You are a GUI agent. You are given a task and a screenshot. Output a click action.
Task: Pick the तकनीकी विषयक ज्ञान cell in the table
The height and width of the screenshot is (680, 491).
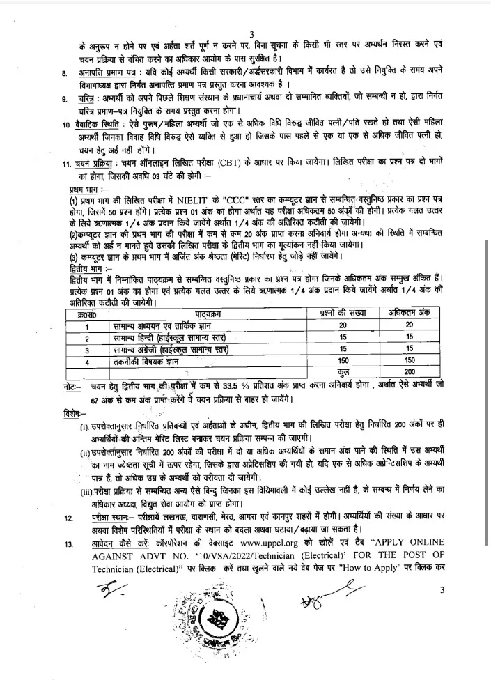150,361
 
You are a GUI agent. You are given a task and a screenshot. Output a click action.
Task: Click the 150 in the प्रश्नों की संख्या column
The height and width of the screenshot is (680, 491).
343,361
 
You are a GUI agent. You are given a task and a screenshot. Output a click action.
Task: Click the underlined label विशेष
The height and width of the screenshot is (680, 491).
72,412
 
